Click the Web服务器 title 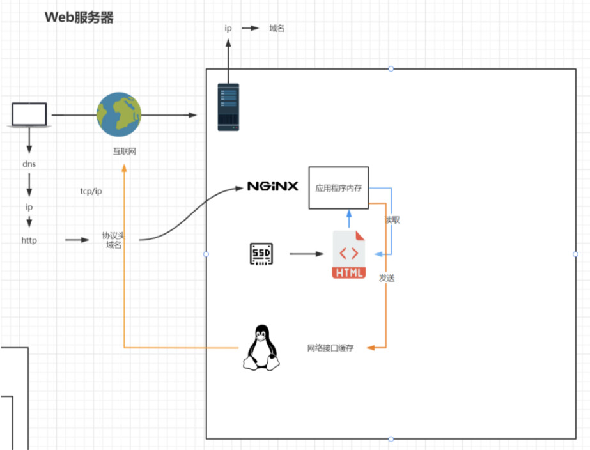click(79, 17)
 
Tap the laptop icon click(29, 115)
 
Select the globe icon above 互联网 click(118, 115)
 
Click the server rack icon click(228, 107)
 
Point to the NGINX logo click(273, 187)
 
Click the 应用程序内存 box click(339, 188)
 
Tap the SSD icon click(261, 254)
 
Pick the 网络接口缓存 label click(330, 348)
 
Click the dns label click(29, 164)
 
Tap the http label click(29, 240)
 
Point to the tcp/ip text click(90, 191)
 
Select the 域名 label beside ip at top click(276, 28)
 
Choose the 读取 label click(392, 220)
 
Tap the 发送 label click(387, 278)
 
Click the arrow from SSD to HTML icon click(307, 254)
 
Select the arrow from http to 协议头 click(77, 240)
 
